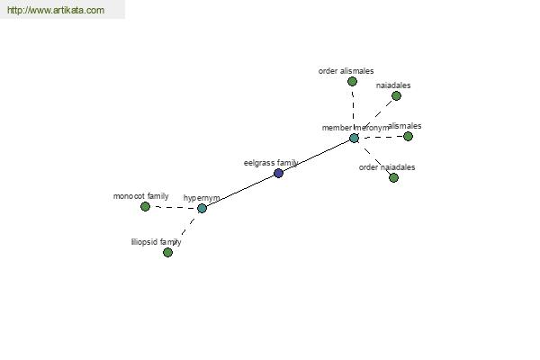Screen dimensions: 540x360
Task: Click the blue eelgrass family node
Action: [x=278, y=173]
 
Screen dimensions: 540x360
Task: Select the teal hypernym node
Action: [x=202, y=208]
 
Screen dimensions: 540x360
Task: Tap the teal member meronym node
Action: [x=354, y=138]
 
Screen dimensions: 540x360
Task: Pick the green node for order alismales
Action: [x=352, y=82]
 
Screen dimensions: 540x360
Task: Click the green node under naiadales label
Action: [x=396, y=95]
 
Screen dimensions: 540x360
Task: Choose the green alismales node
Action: [x=408, y=137]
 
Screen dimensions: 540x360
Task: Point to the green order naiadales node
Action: [x=393, y=178]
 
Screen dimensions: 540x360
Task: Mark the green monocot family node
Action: [x=145, y=207]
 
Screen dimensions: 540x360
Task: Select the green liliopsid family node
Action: [x=167, y=253]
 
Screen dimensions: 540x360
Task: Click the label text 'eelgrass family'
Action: [x=271, y=163]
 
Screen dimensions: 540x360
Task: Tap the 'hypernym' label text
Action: [x=202, y=198]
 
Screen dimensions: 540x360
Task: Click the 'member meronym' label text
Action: [x=355, y=128]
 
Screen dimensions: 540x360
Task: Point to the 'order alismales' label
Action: [x=346, y=71]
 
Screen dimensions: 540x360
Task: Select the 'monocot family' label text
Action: [x=141, y=196]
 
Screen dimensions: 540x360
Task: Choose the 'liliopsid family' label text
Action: [x=156, y=242]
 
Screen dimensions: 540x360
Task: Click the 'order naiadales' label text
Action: [x=387, y=167]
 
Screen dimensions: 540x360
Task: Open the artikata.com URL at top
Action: [x=56, y=10]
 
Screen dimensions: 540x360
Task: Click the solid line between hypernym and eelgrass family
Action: [x=240, y=191]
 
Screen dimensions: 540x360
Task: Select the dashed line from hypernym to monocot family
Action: [x=174, y=207]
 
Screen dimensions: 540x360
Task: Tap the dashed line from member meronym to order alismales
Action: [x=353, y=110]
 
